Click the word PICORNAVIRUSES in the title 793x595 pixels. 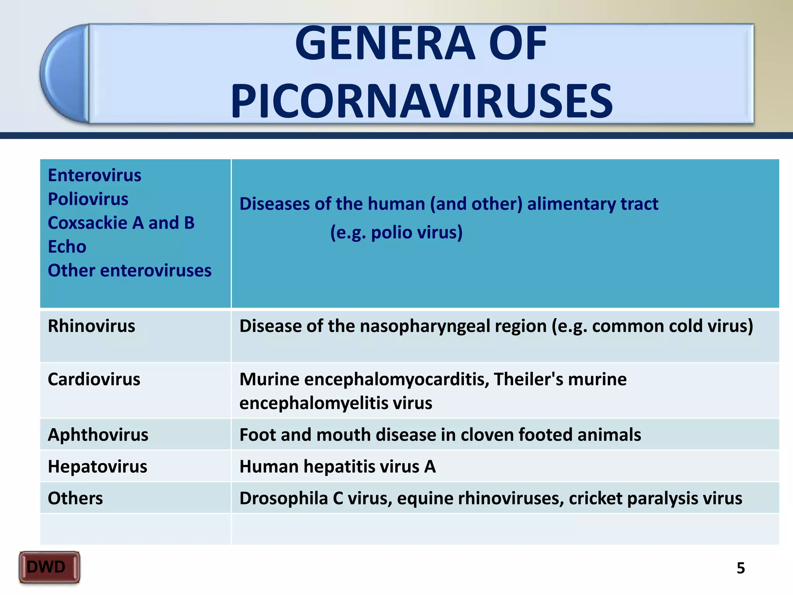[421, 101]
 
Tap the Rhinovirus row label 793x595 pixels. [91, 326]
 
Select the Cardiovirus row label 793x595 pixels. [94, 379]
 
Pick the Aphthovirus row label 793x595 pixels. [98, 435]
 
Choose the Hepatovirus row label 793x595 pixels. [97, 467]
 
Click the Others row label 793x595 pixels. [75, 499]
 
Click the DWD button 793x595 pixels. [49, 567]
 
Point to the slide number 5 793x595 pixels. [740, 568]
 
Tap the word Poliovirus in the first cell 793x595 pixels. [88, 199]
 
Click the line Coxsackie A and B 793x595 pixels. [121, 223]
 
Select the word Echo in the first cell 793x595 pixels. [67, 247]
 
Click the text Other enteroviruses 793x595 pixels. [129, 271]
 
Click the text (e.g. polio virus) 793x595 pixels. [396, 233]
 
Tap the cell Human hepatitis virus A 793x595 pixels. [337, 467]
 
